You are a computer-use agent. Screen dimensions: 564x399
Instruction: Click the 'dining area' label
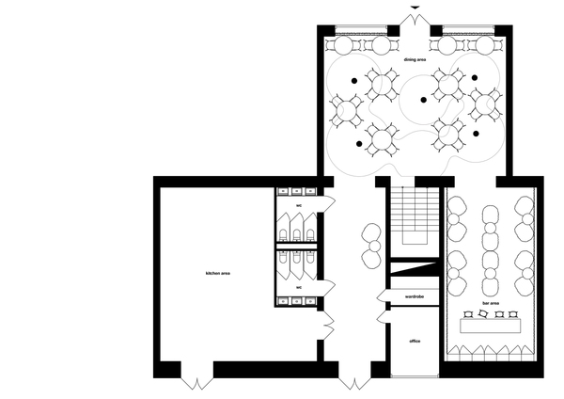tap(415, 60)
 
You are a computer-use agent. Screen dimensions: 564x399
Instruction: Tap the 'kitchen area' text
tap(218, 273)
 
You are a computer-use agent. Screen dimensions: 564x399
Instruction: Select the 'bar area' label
tap(491, 303)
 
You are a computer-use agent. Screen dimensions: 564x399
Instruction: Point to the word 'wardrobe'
tap(415, 296)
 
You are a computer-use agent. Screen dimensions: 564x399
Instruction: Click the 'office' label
tap(415, 341)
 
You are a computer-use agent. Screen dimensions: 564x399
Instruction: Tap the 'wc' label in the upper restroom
tap(299, 206)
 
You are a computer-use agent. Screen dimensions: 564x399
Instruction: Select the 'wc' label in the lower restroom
tap(299, 287)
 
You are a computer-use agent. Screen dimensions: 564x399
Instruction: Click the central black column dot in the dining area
tap(424, 100)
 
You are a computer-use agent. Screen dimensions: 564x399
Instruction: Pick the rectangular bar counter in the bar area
tap(491, 326)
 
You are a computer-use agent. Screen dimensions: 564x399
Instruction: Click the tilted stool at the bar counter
tap(483, 314)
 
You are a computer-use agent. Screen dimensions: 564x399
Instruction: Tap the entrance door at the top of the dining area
tap(415, 20)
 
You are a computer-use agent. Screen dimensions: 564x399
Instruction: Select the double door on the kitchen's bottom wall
tap(197, 383)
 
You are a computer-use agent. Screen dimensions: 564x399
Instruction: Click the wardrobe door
tap(384, 296)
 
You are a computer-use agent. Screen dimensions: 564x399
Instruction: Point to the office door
tap(384, 317)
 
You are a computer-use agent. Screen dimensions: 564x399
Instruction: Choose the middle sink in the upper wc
tap(296, 191)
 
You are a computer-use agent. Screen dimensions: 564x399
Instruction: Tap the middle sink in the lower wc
tap(296, 301)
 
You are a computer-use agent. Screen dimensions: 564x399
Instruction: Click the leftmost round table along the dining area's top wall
tap(343, 46)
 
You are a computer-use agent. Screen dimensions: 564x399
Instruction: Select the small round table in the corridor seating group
tap(374, 246)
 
